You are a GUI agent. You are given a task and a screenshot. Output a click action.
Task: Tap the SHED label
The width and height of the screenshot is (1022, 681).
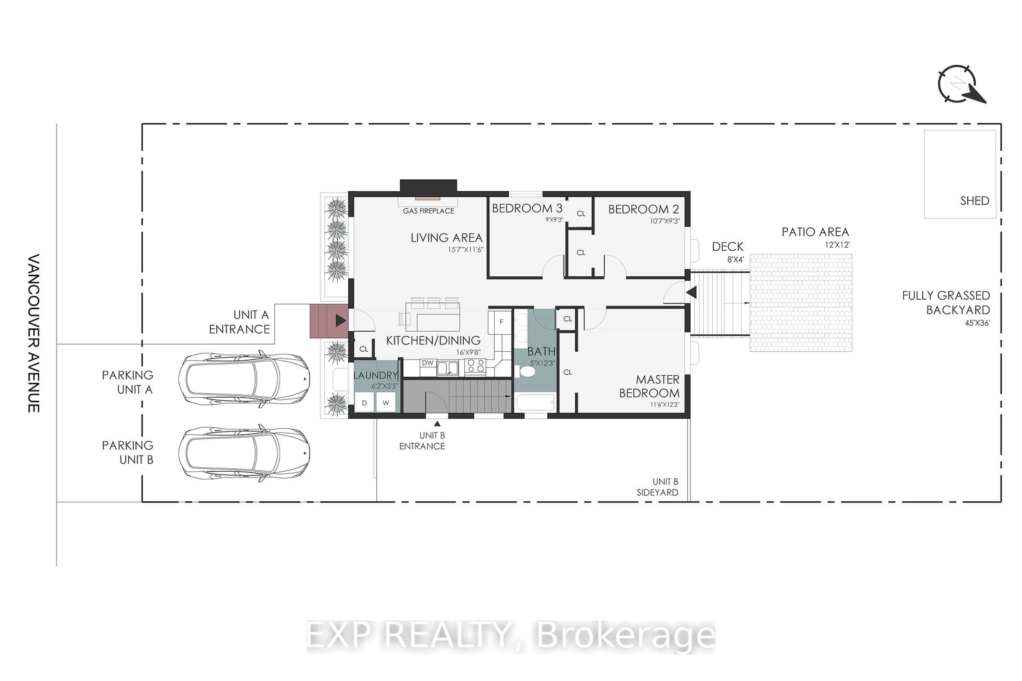coord(974,201)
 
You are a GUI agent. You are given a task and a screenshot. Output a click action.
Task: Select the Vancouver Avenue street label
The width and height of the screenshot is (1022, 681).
coord(34,333)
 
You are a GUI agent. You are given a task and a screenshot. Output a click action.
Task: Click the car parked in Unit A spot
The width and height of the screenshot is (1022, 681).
coord(244,379)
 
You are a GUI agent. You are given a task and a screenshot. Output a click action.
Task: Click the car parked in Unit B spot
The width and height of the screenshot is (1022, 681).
coord(244,453)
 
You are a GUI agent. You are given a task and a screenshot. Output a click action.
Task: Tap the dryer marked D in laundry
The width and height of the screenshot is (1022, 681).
coord(364,402)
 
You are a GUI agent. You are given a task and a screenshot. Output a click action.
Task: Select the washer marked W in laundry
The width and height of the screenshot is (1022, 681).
coord(385,402)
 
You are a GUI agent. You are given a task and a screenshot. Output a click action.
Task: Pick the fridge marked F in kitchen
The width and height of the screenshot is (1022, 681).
coord(501,322)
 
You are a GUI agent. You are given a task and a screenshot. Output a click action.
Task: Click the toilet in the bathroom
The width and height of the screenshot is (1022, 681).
coord(527,371)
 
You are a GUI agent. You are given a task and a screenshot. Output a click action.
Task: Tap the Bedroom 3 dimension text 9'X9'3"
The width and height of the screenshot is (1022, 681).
coord(554,220)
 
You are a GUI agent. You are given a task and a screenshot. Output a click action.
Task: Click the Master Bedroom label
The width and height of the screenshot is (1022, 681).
coord(650,386)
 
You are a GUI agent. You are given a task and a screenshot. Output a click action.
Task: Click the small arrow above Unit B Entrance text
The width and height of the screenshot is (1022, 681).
coord(437,423)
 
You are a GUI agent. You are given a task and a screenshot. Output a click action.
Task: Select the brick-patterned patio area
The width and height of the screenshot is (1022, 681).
coord(800,303)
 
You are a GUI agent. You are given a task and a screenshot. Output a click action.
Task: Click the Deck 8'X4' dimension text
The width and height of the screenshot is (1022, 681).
coord(735,260)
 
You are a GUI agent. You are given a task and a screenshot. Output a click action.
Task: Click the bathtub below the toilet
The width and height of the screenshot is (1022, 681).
coord(535,402)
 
